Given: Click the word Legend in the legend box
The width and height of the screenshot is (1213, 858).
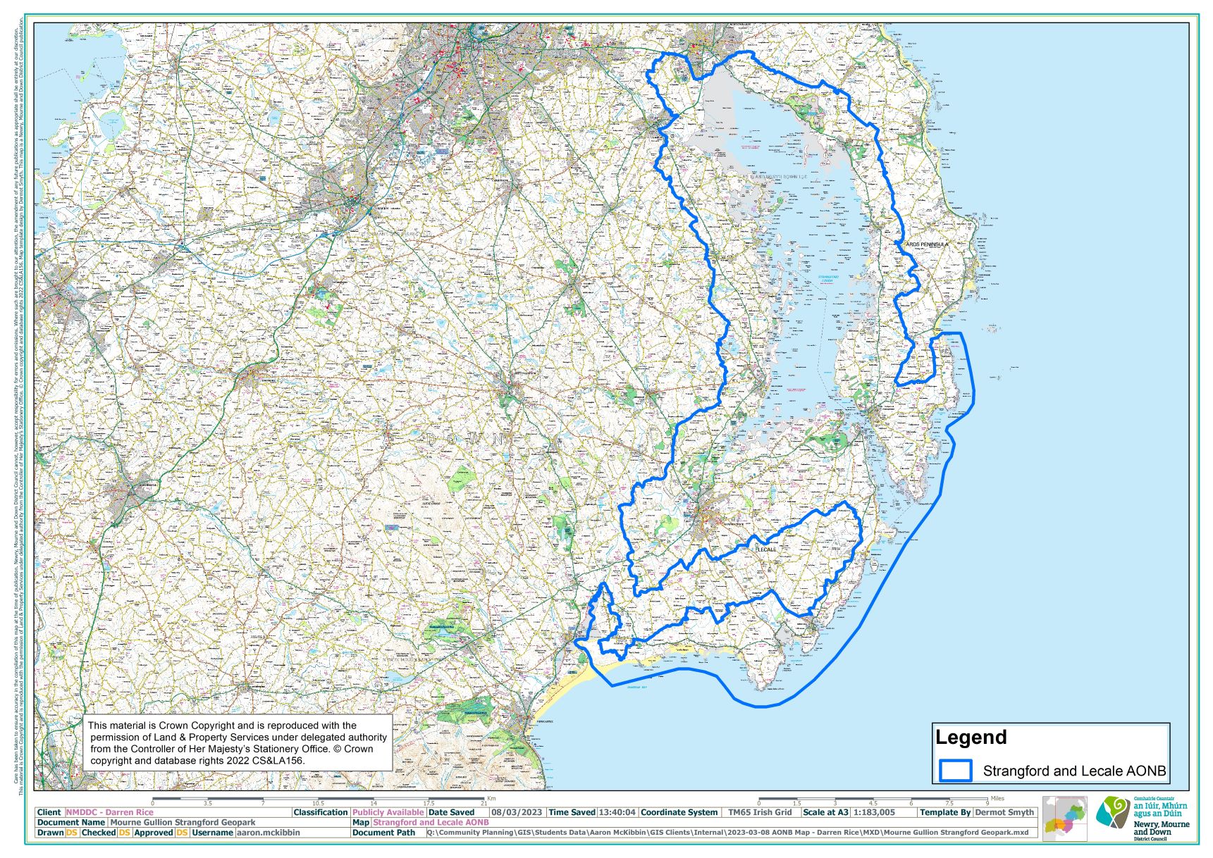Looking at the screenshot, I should point(971,738).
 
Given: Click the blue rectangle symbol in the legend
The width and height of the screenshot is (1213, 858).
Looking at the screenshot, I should point(955,770).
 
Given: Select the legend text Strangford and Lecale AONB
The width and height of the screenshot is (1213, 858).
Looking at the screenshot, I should point(1074,771).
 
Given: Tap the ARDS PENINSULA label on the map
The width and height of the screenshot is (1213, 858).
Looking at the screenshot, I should point(927,244).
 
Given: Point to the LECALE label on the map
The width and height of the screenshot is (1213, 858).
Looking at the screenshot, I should point(765,549).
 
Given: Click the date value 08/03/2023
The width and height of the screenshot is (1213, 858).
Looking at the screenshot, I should point(517,812).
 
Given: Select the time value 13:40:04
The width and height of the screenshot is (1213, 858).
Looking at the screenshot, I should point(617,812).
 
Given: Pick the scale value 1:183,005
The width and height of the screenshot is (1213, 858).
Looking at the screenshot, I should point(874,812).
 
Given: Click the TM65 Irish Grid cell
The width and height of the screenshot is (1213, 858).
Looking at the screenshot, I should point(760,812).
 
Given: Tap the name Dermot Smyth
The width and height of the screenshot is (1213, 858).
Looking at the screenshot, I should point(1004,812).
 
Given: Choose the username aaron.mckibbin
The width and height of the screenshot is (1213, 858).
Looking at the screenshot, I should point(268,833).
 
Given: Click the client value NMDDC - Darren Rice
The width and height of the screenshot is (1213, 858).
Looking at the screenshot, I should point(109,812).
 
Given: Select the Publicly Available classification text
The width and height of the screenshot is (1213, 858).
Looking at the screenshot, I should point(388,812).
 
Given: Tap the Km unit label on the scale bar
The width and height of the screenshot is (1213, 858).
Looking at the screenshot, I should point(491,798).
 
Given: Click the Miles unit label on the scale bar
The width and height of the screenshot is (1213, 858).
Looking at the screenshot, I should point(997,798).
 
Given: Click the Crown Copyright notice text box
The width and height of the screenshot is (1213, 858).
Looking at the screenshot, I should point(238,743).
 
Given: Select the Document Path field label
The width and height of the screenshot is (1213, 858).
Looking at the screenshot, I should point(383,833).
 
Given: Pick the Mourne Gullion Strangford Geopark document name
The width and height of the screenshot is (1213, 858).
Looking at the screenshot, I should point(183,822).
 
